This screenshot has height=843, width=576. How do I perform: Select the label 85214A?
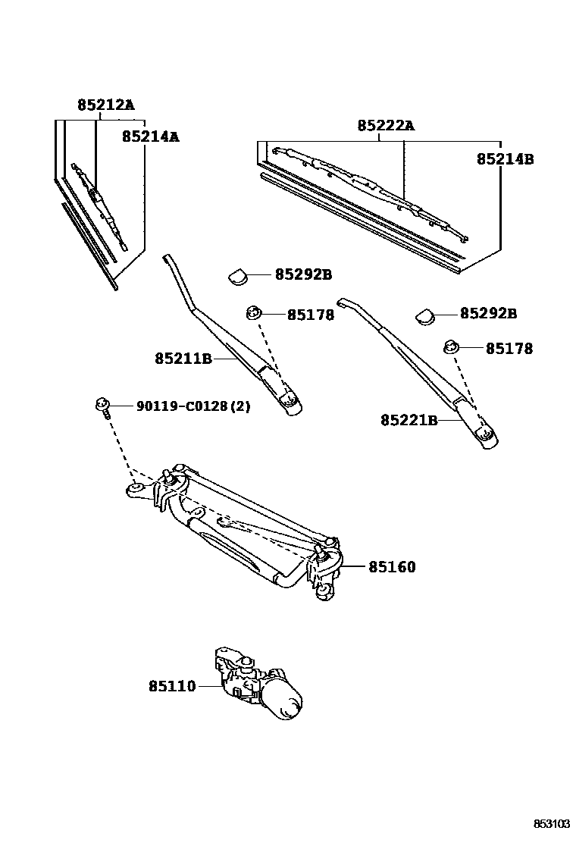150,136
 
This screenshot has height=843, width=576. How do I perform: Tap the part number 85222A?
386,125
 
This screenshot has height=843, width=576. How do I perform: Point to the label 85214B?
506,159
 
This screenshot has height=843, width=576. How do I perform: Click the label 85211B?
183,359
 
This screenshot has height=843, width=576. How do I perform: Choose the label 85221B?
409,419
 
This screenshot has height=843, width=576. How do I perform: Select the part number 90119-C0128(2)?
193,406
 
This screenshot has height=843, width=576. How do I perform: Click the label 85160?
392,566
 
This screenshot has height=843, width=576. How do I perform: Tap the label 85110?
172,686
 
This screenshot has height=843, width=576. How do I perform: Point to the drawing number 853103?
550,823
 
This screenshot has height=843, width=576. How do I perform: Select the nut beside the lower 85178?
452,346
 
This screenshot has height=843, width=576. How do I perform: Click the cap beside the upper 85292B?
239,276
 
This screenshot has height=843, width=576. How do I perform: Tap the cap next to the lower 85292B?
424,314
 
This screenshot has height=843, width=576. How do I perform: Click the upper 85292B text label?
303,274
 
